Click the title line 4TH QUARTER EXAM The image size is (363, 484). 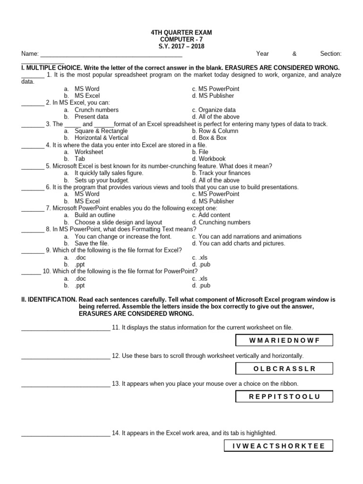181,32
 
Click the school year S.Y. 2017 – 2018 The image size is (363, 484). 181,46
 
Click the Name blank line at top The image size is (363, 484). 111,54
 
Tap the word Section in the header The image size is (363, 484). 331,54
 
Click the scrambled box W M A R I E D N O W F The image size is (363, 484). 284,340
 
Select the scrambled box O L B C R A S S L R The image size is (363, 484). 284,368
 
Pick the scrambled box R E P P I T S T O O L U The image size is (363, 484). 284,397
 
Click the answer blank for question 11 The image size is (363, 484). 65,328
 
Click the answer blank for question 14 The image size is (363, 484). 65,433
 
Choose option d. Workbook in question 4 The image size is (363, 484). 209,159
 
